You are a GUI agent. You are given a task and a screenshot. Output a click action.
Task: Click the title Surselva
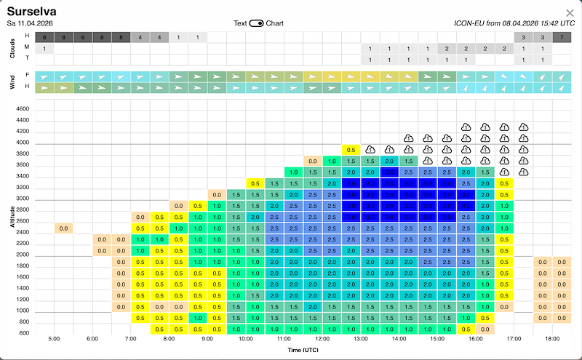[32, 12]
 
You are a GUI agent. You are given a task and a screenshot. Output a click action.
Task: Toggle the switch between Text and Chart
[257, 23]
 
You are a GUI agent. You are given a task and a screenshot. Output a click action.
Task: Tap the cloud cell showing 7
[562, 37]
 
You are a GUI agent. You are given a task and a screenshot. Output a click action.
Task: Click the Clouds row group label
[12, 49]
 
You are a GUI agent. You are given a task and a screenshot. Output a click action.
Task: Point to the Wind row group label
[12, 81]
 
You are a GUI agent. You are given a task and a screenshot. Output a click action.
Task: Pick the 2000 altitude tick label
[21, 255]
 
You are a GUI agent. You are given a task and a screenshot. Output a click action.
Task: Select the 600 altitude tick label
[23, 333]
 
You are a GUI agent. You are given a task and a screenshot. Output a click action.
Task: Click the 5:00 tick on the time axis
[54, 340]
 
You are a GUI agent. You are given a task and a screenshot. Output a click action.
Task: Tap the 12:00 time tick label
[322, 340]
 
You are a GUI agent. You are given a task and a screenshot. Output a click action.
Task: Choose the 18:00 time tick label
[551, 340]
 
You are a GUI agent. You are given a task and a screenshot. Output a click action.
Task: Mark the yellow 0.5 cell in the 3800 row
[351, 150]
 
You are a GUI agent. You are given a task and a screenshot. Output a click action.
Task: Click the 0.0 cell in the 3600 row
[313, 161]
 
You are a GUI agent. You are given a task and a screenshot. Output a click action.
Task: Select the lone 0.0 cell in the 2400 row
[63, 228]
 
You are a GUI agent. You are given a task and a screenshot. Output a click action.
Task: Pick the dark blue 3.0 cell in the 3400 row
[389, 172]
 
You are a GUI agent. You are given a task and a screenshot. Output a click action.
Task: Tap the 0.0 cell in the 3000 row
[217, 195]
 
